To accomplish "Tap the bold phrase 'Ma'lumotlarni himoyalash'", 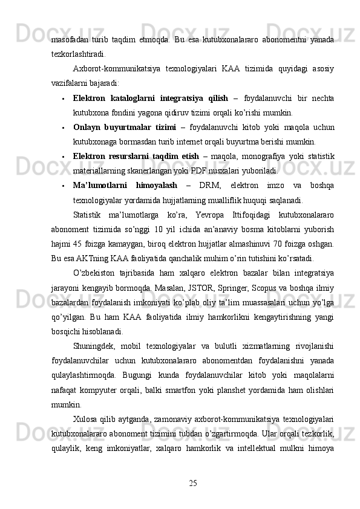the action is (125, 185).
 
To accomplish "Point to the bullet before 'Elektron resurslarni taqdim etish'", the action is (63, 157).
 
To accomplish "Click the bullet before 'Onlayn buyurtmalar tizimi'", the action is (63, 128).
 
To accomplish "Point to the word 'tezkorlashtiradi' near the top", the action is (77, 54).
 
